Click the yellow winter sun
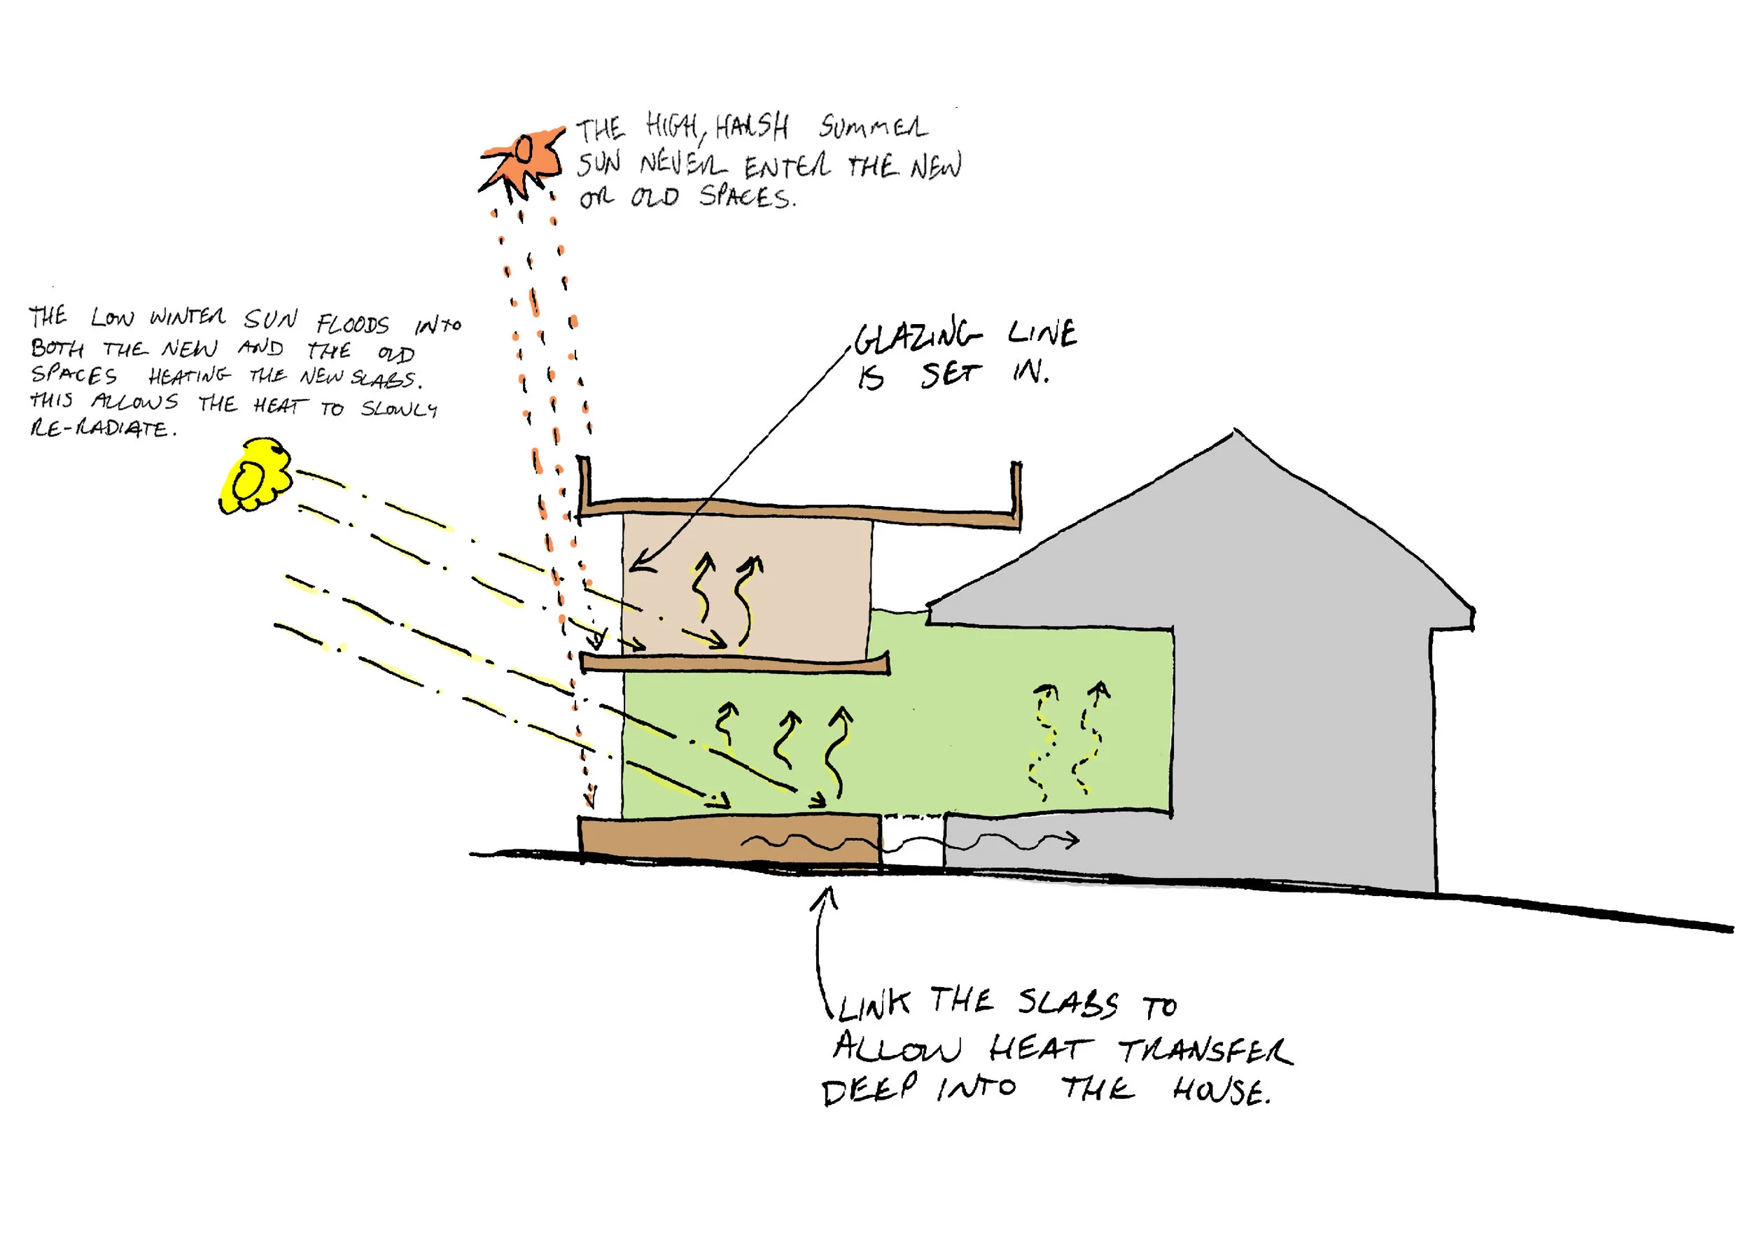[x=255, y=476]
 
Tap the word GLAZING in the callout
[x=916, y=337]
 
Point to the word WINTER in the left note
[x=188, y=317]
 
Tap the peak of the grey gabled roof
[x=1235, y=433]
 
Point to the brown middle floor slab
[x=734, y=663]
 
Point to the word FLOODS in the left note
[x=352, y=324]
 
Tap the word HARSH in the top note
[x=751, y=127]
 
